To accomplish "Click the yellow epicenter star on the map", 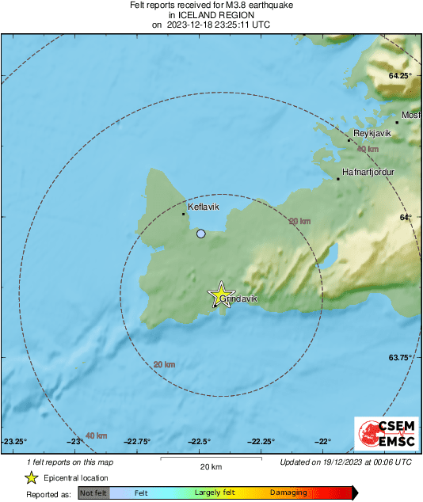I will pos(221,295).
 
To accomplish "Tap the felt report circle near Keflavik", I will pos(201,234).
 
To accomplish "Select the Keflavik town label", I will pos(203,206).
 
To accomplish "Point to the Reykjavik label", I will pos(372,134).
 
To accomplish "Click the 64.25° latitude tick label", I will pos(401,75).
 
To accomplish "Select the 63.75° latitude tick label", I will pos(401,358).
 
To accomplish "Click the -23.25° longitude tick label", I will pos(14,442).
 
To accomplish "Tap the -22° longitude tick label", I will pos(323,442).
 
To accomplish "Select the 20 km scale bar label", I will pos(210,466).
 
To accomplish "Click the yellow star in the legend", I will pos(31,477).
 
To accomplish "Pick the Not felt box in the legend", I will pos(93,492).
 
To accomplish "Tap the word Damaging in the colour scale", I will pos(288,492).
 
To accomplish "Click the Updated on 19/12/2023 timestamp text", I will pos(345,462).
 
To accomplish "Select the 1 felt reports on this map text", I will pos(70,462).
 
